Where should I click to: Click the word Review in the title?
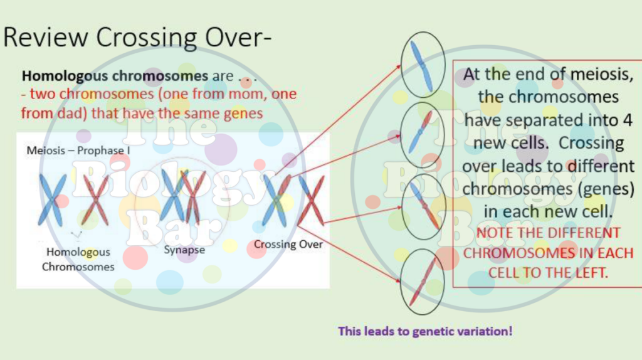pos(45,37)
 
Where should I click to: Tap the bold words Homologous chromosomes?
pos(115,77)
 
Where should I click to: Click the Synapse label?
pos(184,250)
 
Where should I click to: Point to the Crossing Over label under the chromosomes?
pos(288,244)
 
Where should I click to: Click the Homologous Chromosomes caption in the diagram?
pos(78,259)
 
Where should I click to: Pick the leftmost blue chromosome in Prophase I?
pos(51,199)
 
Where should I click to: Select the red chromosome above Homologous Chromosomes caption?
pos(95,199)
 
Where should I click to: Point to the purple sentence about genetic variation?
pos(425,331)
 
